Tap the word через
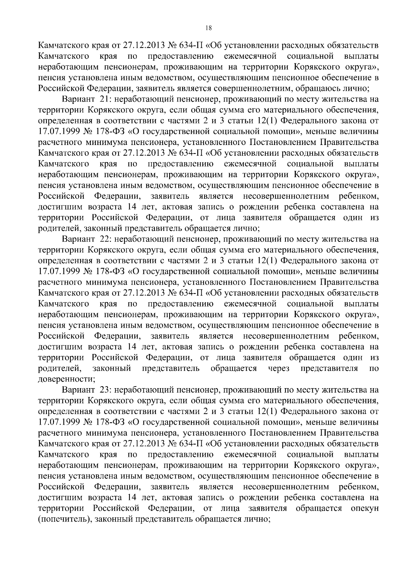[x=279, y=369]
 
